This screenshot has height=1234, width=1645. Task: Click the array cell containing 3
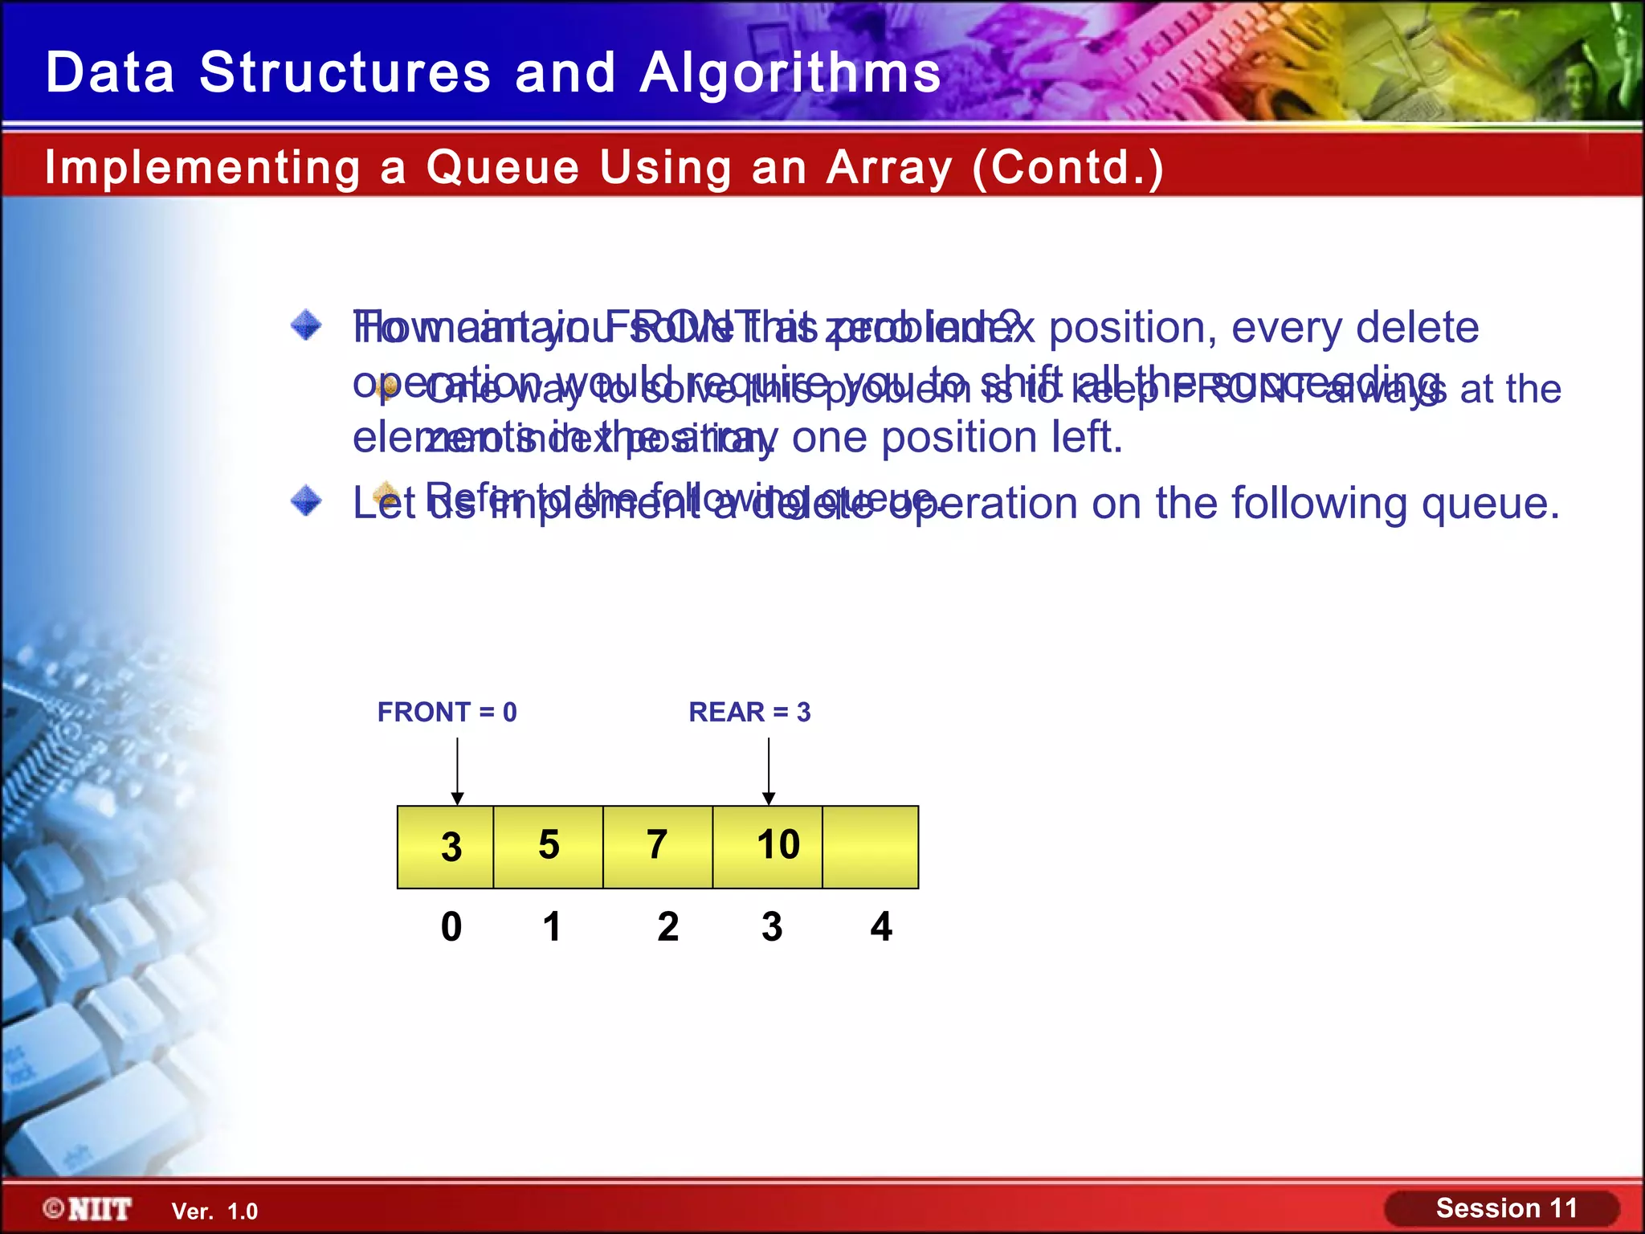click(x=446, y=847)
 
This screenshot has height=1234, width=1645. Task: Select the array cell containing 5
click(x=549, y=847)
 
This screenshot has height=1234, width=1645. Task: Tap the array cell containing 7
click(x=658, y=847)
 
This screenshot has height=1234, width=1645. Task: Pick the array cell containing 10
click(x=769, y=847)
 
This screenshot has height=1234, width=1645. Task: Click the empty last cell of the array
click(x=871, y=847)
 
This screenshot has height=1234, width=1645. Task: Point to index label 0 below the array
click(x=451, y=926)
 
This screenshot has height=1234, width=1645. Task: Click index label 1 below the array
click(x=552, y=926)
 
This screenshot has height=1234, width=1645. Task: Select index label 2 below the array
click(x=667, y=926)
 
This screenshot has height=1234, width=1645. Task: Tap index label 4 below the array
click(x=881, y=926)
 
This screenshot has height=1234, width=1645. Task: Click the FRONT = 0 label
click(x=447, y=712)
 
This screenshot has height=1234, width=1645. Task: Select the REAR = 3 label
click(x=749, y=712)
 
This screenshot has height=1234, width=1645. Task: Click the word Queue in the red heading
click(x=503, y=167)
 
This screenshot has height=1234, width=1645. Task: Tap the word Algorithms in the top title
click(x=790, y=72)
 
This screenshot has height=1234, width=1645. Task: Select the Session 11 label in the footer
click(x=1506, y=1208)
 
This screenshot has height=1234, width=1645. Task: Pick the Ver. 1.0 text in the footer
click(x=214, y=1212)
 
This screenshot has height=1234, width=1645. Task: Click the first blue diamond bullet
click(x=306, y=326)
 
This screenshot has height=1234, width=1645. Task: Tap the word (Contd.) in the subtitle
click(x=1067, y=167)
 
